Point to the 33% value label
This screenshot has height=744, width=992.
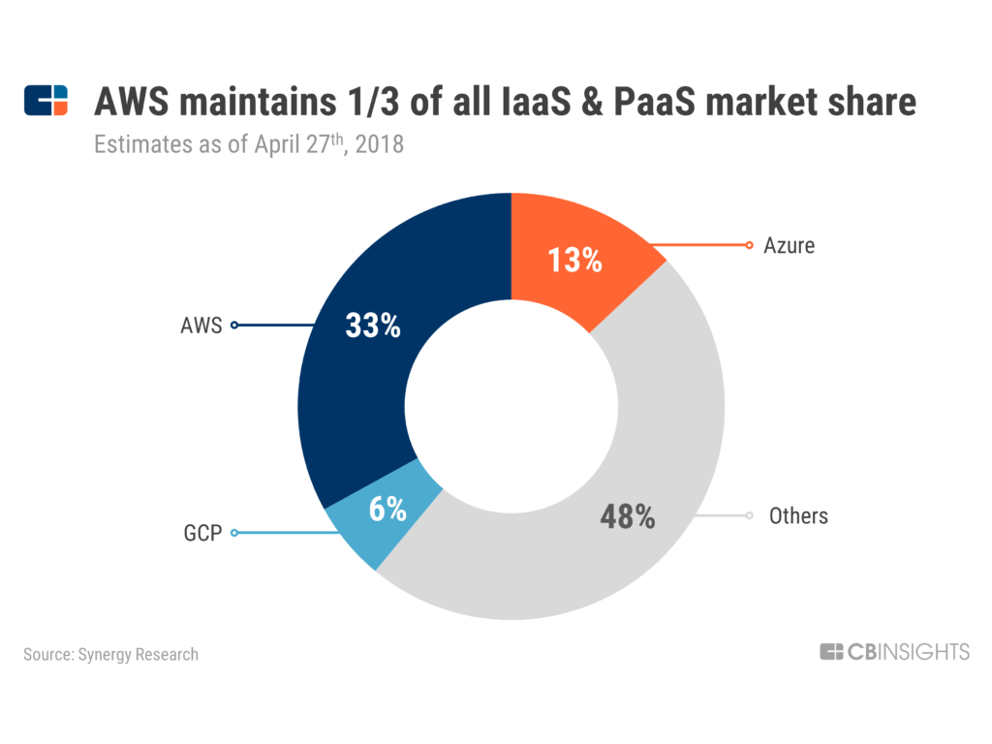click(373, 326)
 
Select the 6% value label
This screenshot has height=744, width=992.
click(387, 510)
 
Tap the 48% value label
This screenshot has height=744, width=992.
click(628, 517)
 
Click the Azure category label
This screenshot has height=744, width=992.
click(789, 245)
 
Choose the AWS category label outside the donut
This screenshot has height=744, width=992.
click(201, 325)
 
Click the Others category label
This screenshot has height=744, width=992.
click(798, 515)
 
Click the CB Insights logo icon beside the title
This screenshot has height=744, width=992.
click(46, 101)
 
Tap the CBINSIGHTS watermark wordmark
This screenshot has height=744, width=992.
click(894, 652)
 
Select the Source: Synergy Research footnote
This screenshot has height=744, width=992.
click(110, 654)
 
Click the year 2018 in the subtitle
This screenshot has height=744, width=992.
click(378, 146)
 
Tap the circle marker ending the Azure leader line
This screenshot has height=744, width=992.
click(749, 245)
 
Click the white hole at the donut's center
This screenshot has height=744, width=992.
click(511, 407)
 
